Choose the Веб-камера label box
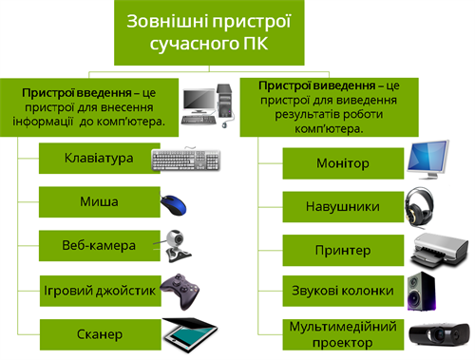(x=99, y=245)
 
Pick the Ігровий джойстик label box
(x=99, y=290)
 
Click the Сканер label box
(x=99, y=334)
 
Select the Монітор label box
(x=341, y=163)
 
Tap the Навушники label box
(x=341, y=206)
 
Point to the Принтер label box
(x=341, y=249)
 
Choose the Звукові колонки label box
(x=341, y=291)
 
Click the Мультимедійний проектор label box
(x=341, y=333)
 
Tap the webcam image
(x=178, y=246)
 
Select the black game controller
(x=180, y=287)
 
